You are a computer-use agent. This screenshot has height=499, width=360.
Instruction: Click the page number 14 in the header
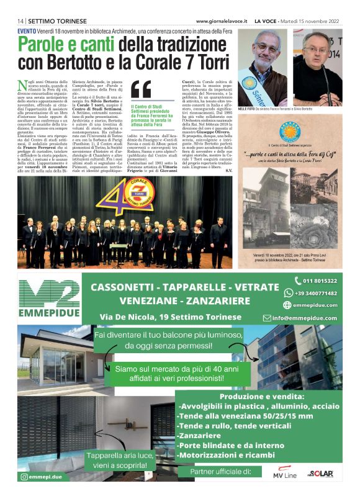(20, 20)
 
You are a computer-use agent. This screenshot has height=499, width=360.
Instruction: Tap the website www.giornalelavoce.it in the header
(223, 20)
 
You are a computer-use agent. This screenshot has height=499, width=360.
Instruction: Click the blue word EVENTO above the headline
(26, 29)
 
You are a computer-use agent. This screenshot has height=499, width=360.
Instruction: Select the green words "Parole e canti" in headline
(66, 45)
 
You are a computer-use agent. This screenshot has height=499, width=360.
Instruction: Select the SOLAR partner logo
(323, 472)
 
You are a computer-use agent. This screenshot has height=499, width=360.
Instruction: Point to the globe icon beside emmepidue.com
(287, 305)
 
